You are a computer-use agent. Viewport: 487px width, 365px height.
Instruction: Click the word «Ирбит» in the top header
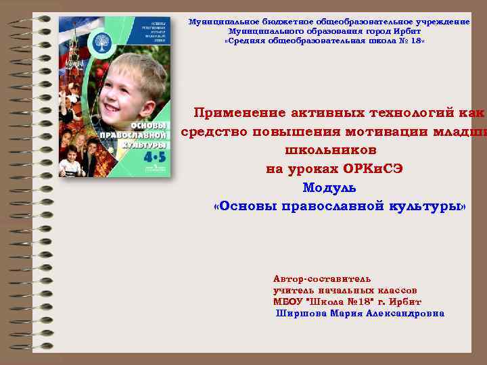click(x=408, y=31)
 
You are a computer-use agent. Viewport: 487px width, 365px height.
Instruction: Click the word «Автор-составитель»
click(x=321, y=278)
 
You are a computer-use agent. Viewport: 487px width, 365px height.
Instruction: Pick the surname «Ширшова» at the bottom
click(x=301, y=313)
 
